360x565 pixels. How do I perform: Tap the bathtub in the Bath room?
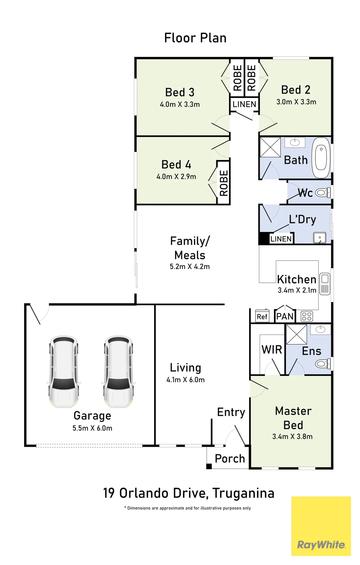(x=321, y=158)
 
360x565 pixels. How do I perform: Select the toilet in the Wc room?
(x=323, y=193)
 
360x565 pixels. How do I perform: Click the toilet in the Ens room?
(x=323, y=363)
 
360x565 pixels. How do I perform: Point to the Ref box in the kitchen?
(x=262, y=316)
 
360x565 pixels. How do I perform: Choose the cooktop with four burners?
(x=307, y=316)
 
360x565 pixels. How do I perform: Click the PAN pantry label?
(x=285, y=316)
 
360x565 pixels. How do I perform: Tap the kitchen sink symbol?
(x=325, y=284)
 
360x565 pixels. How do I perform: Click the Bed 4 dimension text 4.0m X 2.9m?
(x=176, y=177)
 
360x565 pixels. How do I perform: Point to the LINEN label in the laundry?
(x=281, y=238)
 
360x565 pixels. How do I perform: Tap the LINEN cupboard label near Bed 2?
(x=244, y=104)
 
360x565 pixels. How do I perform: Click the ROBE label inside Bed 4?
(x=224, y=183)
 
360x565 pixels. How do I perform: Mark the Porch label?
(x=230, y=458)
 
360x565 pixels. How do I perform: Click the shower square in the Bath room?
(x=270, y=147)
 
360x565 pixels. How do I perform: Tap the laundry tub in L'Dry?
(x=320, y=238)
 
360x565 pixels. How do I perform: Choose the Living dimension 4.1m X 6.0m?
(x=185, y=380)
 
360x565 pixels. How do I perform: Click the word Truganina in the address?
(x=244, y=493)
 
